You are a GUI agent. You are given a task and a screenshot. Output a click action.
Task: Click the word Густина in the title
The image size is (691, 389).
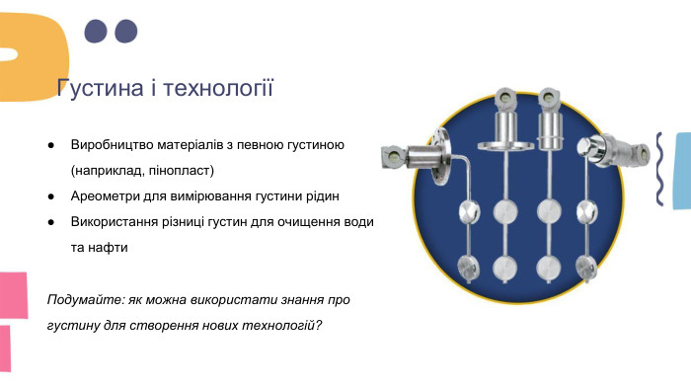(96, 89)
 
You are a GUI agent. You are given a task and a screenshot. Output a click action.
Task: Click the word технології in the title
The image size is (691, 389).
(218, 89)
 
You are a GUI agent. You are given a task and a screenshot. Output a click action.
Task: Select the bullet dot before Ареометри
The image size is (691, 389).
(50, 196)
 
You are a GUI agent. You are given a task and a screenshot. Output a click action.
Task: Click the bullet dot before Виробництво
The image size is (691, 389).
(50, 145)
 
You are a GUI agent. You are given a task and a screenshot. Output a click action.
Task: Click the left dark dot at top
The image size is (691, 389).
(95, 32)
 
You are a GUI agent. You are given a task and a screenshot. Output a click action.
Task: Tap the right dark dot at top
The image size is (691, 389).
(125, 32)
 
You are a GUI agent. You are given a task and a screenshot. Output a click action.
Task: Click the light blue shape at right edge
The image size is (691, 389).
(681, 170)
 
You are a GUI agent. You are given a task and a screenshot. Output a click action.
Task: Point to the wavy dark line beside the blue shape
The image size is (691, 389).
(659, 169)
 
